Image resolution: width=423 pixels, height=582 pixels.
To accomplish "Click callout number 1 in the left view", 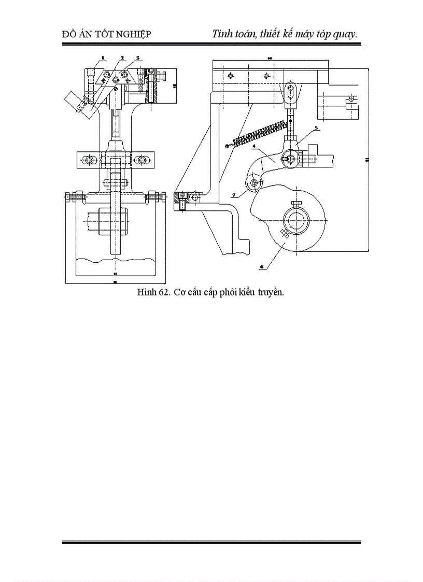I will (103, 58).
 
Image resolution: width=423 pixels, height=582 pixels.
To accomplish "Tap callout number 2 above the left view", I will (122, 58).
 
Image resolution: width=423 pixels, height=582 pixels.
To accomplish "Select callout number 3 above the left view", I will (138, 58).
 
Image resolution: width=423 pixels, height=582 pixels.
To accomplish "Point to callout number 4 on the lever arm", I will (253, 147).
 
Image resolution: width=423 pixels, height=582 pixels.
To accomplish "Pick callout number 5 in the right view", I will (316, 127).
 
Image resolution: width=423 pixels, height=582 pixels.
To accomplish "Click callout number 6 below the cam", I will (262, 266).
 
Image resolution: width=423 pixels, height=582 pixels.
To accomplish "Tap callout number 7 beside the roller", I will (234, 195).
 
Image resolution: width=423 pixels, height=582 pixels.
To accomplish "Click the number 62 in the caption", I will (163, 292).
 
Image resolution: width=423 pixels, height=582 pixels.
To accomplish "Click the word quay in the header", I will (344, 34).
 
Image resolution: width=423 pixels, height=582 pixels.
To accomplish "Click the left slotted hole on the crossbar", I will (90, 160).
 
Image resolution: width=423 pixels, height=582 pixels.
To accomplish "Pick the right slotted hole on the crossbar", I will (140, 160).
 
